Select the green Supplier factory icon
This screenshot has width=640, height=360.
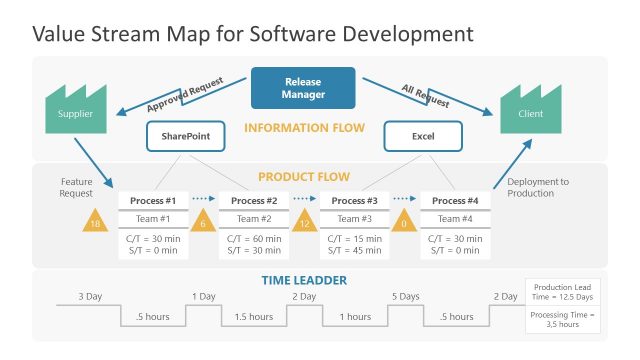75,110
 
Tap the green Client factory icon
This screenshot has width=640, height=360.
530,110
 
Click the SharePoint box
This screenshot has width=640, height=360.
186,136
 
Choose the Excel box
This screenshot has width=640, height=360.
423,136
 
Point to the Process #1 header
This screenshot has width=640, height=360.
154,201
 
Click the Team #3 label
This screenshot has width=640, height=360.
355,219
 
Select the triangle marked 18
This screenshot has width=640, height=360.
96,222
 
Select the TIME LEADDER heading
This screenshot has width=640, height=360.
305,280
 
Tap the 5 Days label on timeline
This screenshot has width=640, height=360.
405,297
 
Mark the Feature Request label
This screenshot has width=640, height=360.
77,188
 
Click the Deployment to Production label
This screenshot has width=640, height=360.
537,188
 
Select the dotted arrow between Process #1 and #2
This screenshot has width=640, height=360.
203,200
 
